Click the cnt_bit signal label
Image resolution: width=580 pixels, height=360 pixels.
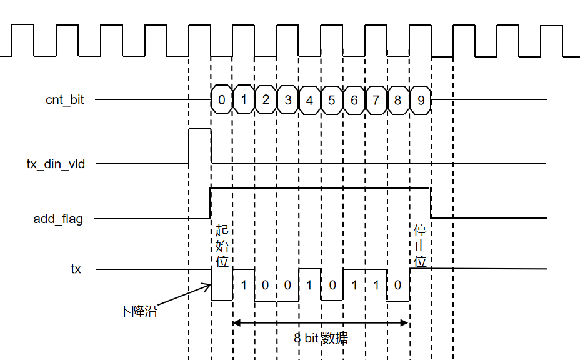65,99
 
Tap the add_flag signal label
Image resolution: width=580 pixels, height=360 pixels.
58,219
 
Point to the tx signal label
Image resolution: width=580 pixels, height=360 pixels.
76,269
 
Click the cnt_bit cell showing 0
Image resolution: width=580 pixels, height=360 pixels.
222,99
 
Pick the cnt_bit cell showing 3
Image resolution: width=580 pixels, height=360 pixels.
287,99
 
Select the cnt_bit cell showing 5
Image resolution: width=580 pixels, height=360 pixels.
332,99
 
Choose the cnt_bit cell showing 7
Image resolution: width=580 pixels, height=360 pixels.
376,99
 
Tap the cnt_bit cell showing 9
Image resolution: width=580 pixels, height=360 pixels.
420,99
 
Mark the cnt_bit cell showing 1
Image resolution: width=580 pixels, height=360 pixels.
244,99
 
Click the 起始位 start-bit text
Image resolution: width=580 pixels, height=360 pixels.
222,246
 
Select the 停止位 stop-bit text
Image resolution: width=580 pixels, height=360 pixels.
421,246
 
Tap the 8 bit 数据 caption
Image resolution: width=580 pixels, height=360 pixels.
321,339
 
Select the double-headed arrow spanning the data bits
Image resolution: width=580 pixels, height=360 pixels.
321,322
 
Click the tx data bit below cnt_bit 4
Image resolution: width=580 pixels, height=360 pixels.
310,285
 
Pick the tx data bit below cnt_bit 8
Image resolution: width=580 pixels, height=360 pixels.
398,285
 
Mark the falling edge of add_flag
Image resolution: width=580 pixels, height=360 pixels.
431,203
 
